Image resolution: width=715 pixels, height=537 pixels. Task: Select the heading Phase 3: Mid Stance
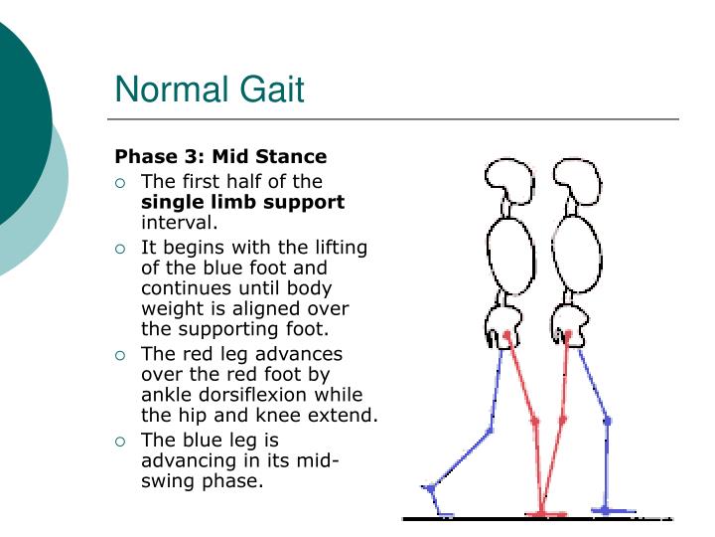click(220, 156)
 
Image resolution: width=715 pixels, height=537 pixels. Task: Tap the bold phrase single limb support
click(243, 202)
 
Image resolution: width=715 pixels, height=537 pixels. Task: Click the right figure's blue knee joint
click(608, 422)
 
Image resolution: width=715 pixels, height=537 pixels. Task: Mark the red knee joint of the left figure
click(534, 421)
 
